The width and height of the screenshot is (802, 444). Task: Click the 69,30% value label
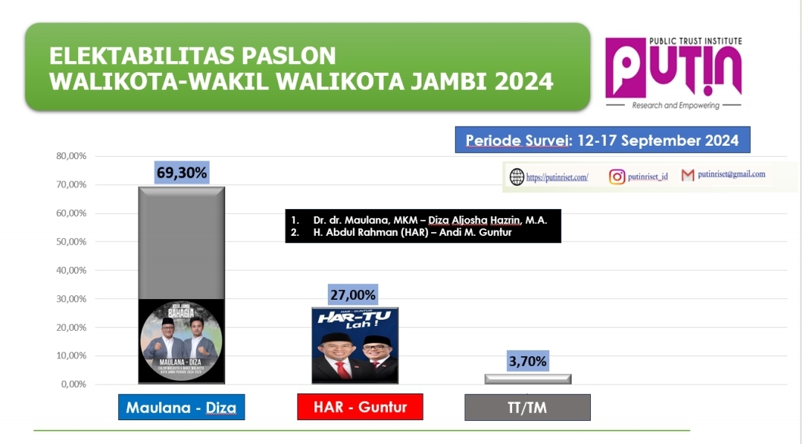tap(182, 173)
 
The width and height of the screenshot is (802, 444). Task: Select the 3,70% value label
tap(528, 362)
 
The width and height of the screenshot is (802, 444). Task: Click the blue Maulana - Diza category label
tap(181, 408)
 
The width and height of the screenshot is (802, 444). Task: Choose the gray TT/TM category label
tap(527, 408)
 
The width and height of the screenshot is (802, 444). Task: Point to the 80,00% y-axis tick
tap(71, 156)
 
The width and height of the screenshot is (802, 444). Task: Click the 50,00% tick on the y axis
tap(71, 242)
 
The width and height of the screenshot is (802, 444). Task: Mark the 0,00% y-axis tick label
tap(73, 385)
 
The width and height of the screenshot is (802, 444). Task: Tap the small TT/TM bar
tap(528, 379)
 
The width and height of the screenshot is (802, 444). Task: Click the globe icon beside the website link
tap(517, 177)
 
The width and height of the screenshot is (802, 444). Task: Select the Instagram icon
tap(617, 177)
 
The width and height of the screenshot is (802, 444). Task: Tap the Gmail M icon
tap(688, 176)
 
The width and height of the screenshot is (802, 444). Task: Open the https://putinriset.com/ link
tap(557, 178)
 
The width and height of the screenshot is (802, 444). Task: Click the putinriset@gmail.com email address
tap(731, 174)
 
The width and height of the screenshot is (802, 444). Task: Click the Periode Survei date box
tap(602, 141)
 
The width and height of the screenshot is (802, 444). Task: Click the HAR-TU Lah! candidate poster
tap(355, 344)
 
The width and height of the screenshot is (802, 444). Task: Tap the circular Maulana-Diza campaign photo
tap(181, 341)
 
